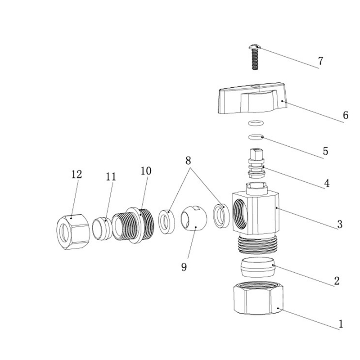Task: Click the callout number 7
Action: tap(320, 61)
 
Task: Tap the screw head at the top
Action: tap(255, 47)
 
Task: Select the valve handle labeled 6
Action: tap(252, 98)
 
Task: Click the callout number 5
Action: tap(325, 151)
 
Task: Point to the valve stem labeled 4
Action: tap(256, 163)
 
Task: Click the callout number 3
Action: tap(340, 224)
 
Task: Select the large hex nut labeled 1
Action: tap(258, 298)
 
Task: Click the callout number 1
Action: tap(341, 324)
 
